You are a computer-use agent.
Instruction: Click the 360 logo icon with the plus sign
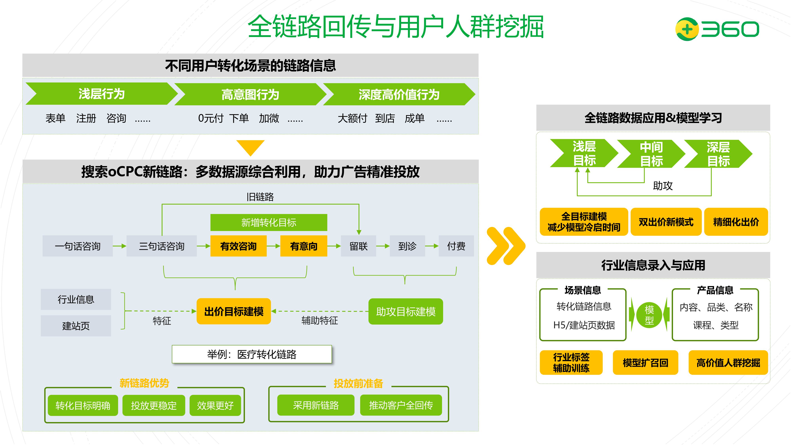coord(687,29)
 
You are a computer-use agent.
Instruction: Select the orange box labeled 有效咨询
coord(238,246)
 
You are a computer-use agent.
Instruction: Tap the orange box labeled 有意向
coord(304,246)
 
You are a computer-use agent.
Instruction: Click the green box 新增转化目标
coord(269,222)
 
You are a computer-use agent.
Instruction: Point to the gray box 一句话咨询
coord(77,246)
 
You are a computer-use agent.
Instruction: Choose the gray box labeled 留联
coord(359,246)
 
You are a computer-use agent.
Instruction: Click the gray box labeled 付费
coord(456,246)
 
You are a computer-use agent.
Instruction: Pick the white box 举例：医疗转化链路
coord(252,354)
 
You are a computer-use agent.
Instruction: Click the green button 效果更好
coord(215,405)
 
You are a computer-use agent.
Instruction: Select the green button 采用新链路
coord(316,405)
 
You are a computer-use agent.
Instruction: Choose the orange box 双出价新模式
coord(666,222)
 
